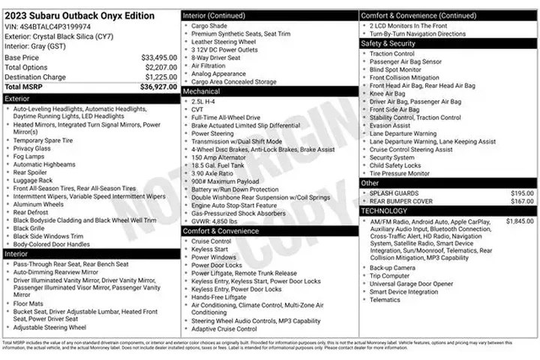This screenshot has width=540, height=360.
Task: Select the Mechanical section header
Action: [x=202, y=91]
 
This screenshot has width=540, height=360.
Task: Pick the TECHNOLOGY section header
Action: [x=384, y=211]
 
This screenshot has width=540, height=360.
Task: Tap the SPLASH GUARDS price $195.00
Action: [x=520, y=193]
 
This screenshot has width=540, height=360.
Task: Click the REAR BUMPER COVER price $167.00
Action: [x=520, y=202]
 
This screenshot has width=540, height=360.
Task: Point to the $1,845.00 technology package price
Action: [x=518, y=221]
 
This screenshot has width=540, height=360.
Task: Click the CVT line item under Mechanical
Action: [x=198, y=109]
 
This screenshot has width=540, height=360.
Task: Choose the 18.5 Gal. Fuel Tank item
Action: [x=219, y=164]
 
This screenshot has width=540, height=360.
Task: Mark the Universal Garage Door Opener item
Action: [x=411, y=284]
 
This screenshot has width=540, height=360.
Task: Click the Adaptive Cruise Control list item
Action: [x=223, y=328]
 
